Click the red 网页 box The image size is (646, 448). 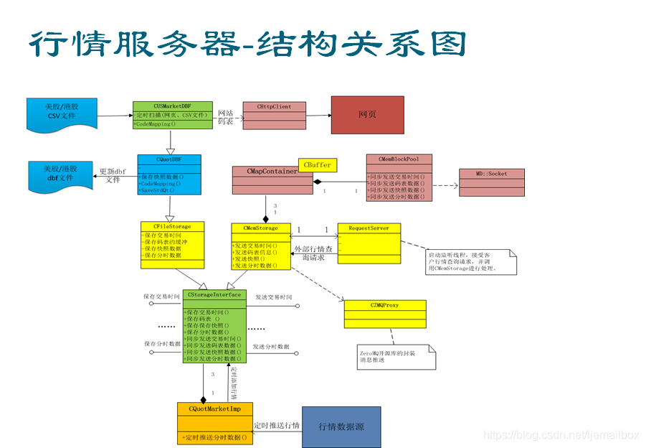367,115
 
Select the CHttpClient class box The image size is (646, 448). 274,116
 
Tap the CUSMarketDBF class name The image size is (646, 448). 172,106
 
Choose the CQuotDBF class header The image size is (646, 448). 169,159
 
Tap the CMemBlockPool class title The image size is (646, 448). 399,159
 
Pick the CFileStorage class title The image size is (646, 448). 171,226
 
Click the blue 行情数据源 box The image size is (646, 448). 341,426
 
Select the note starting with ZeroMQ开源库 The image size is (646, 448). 396,355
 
